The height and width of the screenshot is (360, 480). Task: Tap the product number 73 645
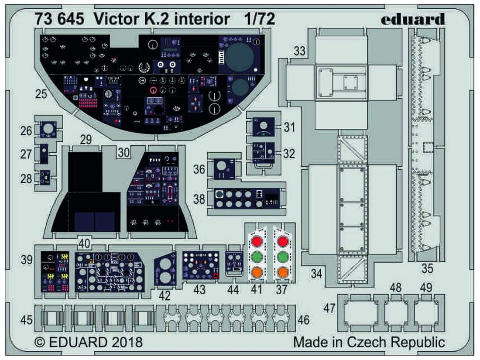(x=59, y=19)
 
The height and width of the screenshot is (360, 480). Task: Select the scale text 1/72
(x=260, y=19)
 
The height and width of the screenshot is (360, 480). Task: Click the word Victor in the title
(x=112, y=19)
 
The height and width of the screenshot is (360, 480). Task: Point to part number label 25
(x=41, y=94)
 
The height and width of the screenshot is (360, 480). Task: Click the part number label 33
(x=299, y=51)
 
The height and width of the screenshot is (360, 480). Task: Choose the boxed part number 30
(x=123, y=152)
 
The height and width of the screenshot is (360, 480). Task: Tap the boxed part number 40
(x=84, y=243)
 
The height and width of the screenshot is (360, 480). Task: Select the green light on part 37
(x=282, y=256)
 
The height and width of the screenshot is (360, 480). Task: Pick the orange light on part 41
(x=257, y=271)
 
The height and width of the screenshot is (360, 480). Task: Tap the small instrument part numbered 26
(x=48, y=129)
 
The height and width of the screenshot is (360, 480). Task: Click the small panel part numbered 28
(x=45, y=178)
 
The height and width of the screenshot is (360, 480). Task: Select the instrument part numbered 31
(x=263, y=127)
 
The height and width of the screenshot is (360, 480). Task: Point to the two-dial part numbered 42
(x=165, y=269)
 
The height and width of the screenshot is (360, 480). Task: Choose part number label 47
(x=329, y=308)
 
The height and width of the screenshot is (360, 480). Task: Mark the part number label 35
(x=427, y=268)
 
